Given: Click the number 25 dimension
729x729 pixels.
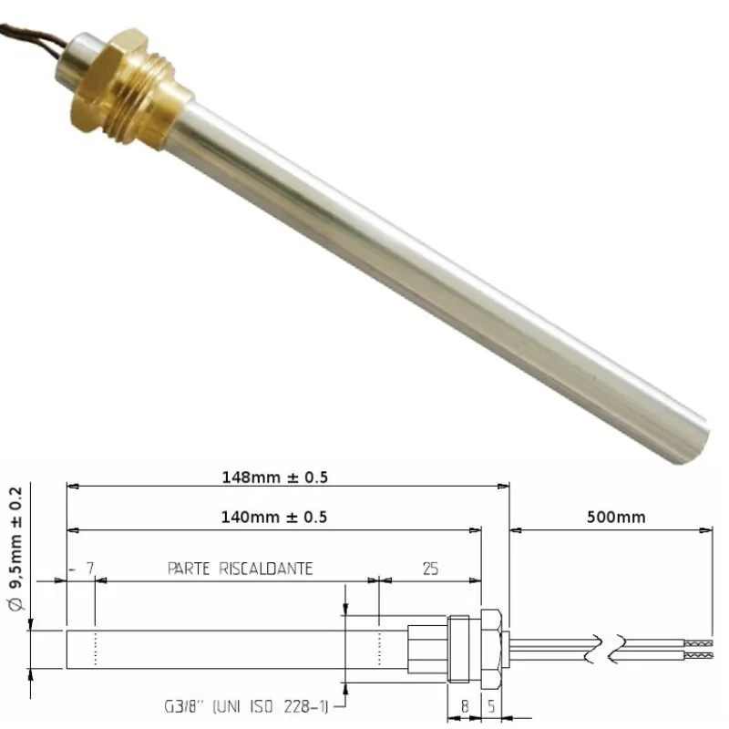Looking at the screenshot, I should click(431, 568).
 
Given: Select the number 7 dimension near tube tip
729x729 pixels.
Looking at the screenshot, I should click(89, 568).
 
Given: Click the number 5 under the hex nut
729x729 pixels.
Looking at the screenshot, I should click(493, 703).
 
